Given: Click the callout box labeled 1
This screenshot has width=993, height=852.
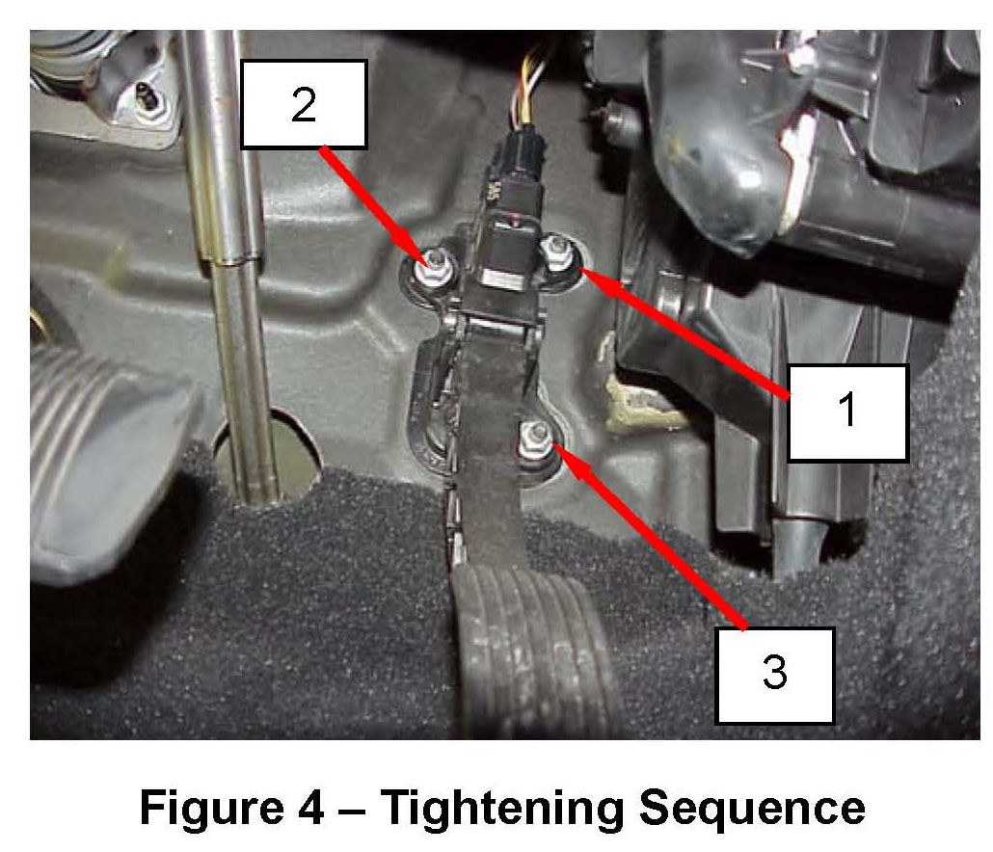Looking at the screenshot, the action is click(x=848, y=413).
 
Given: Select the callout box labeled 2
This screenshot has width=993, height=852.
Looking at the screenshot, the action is click(x=304, y=104).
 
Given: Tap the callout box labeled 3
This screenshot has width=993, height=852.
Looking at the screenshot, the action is click(x=774, y=675).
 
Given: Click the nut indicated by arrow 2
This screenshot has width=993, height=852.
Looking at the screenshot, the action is click(x=433, y=269).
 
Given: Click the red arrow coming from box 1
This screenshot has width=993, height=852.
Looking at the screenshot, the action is click(x=685, y=333).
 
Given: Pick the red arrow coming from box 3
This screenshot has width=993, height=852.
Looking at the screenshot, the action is click(x=651, y=536).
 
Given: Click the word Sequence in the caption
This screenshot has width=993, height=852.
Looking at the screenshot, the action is click(x=752, y=807).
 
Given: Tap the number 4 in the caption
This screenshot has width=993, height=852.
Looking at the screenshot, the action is click(x=310, y=807).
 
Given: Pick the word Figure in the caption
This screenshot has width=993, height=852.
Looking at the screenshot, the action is click(x=211, y=807).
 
